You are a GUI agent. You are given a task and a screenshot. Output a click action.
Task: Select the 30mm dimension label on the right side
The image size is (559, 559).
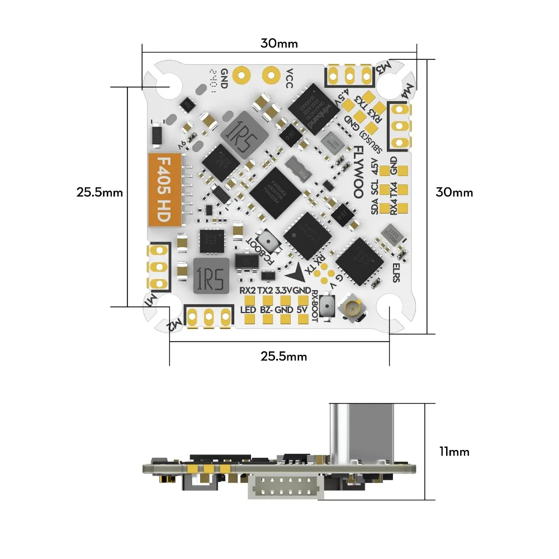(454, 192)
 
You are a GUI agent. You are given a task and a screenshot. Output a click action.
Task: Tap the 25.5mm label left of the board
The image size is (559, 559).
(100, 192)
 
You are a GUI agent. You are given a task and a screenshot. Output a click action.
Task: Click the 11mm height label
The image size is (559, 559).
(454, 451)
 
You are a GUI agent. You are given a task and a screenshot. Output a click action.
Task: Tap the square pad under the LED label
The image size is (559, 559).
(250, 320)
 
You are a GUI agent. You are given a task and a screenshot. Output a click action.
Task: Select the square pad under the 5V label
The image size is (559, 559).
(302, 320)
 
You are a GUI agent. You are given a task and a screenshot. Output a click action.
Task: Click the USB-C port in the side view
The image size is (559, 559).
(353, 433)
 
